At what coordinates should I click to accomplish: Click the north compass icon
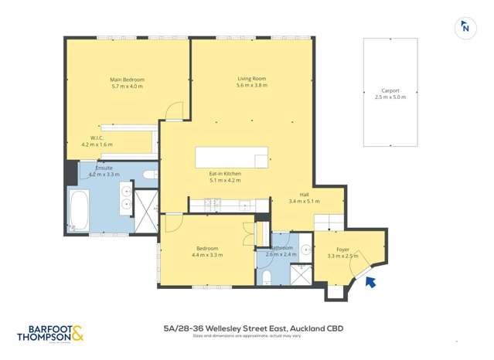[x=465, y=27]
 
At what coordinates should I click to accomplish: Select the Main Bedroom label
[x=128, y=80]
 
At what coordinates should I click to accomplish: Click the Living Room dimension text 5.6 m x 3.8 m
[x=252, y=85]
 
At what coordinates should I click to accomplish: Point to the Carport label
[x=390, y=90]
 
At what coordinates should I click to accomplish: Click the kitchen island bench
[x=232, y=157]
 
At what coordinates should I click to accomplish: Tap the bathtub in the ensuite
[x=77, y=211]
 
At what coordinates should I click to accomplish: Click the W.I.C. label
[x=97, y=138]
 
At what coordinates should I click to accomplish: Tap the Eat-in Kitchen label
[x=225, y=174]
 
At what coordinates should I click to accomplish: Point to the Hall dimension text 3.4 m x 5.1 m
[x=304, y=202]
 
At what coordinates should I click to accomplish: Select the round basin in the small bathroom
[x=305, y=250]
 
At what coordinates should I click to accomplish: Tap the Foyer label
[x=342, y=250]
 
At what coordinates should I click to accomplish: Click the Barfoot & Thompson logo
[x=49, y=334]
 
